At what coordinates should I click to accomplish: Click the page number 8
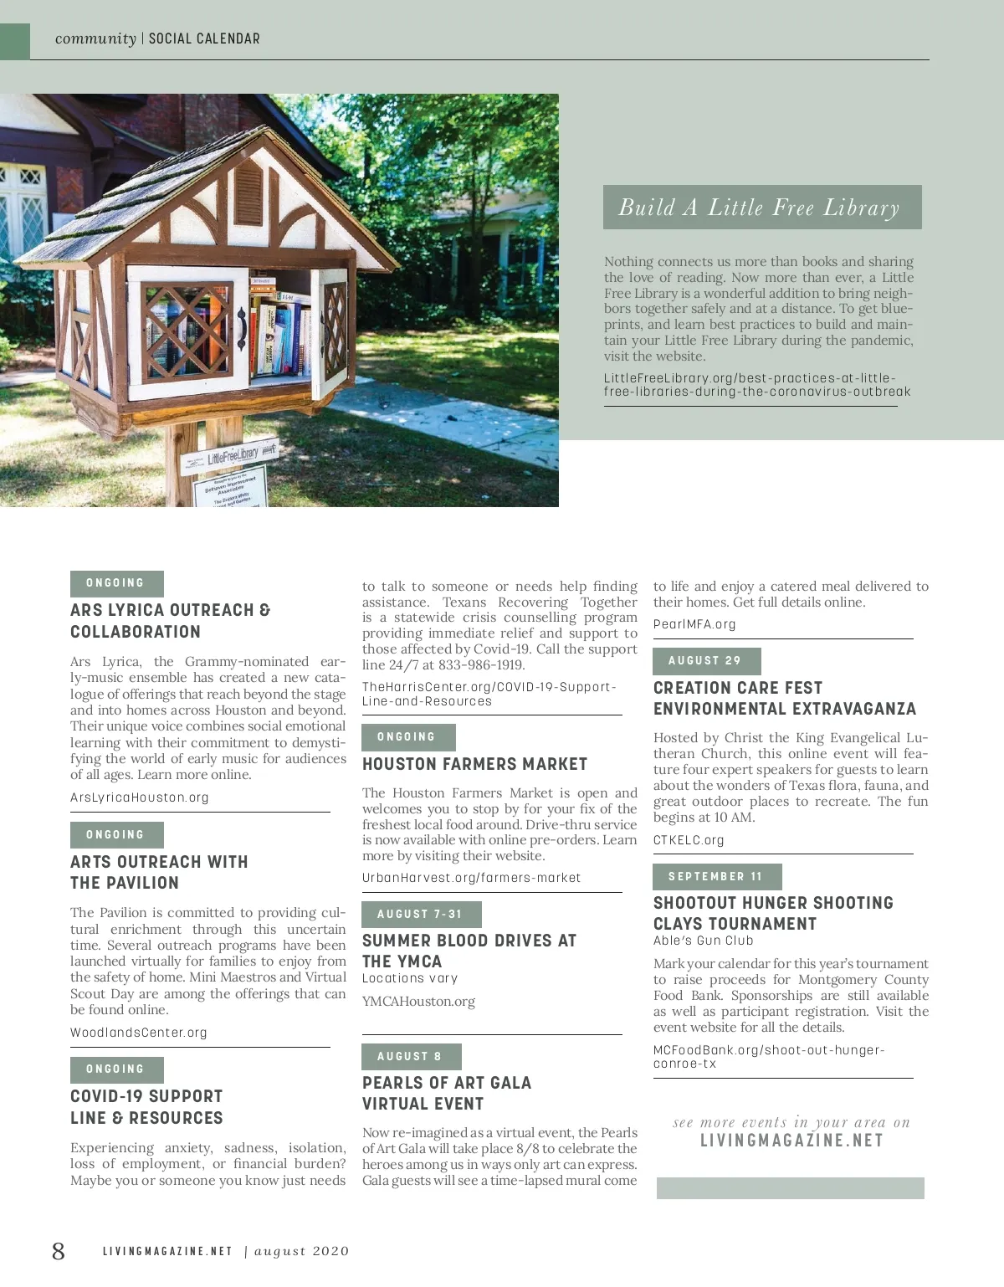coord(58,1251)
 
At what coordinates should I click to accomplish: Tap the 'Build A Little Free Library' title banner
coord(761,208)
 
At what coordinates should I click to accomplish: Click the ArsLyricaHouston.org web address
coord(140,797)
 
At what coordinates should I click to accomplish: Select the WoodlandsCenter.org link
coord(139,1033)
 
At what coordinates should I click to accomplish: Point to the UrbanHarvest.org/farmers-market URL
coord(471,878)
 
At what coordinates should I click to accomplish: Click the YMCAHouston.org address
coord(418,1002)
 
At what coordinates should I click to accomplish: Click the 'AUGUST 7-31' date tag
coord(420,914)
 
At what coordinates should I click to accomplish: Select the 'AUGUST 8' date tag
coord(410,1056)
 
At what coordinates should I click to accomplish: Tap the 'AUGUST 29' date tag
coord(705,661)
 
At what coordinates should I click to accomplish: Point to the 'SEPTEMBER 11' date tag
coord(716,876)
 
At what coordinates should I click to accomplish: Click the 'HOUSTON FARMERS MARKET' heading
coord(475,764)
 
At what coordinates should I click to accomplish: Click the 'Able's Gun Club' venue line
coord(704,941)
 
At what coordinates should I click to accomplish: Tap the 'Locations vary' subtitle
coord(410,978)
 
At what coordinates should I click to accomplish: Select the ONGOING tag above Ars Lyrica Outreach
coord(115,583)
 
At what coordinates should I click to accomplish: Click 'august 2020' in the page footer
coord(302,1252)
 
